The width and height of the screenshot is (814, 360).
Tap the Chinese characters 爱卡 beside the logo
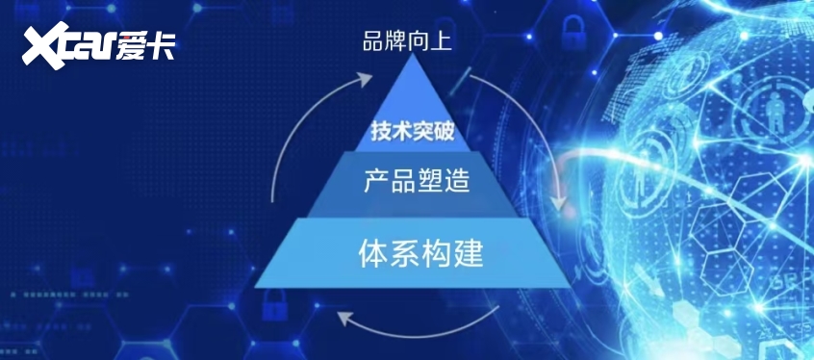point(146,45)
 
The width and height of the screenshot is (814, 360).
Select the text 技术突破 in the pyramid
point(411,131)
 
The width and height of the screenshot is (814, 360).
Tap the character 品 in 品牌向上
point(372,41)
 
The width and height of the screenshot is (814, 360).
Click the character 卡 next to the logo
point(162,45)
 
